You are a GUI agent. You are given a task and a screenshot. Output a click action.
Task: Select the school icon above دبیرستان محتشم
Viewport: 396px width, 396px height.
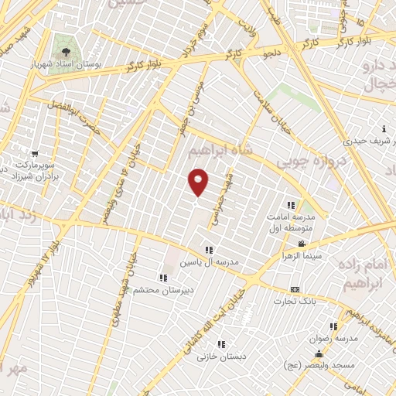click(162, 277)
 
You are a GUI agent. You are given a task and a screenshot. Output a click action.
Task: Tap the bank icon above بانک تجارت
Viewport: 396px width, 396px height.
click(294, 288)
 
